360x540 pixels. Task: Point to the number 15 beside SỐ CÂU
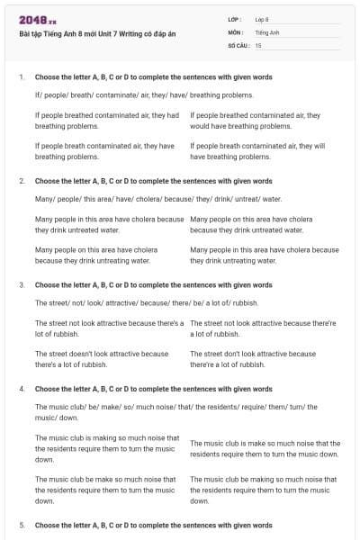click(x=258, y=44)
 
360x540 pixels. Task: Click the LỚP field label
click(x=235, y=19)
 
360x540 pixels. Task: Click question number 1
click(x=22, y=77)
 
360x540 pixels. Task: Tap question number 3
click(x=22, y=284)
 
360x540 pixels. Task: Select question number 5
click(x=22, y=524)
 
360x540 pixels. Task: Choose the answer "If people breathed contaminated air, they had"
click(x=107, y=121)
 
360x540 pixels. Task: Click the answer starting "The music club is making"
click(x=107, y=448)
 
